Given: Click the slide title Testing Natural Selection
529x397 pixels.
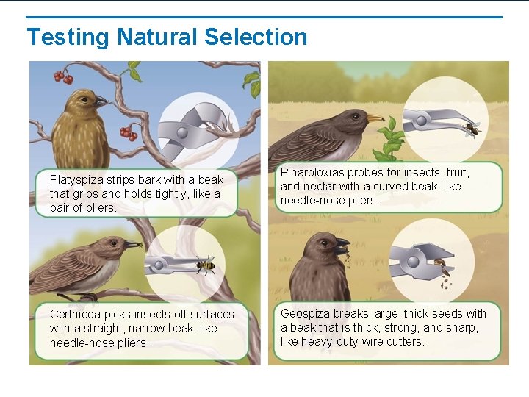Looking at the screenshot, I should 167,37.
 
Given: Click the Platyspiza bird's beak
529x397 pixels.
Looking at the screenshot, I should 100,101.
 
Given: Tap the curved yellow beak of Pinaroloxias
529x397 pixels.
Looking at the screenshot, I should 375,118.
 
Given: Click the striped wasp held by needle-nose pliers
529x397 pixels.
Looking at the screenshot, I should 205,264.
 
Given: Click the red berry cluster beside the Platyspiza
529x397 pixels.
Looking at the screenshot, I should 129,133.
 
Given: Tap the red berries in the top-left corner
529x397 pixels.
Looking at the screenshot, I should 62,76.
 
